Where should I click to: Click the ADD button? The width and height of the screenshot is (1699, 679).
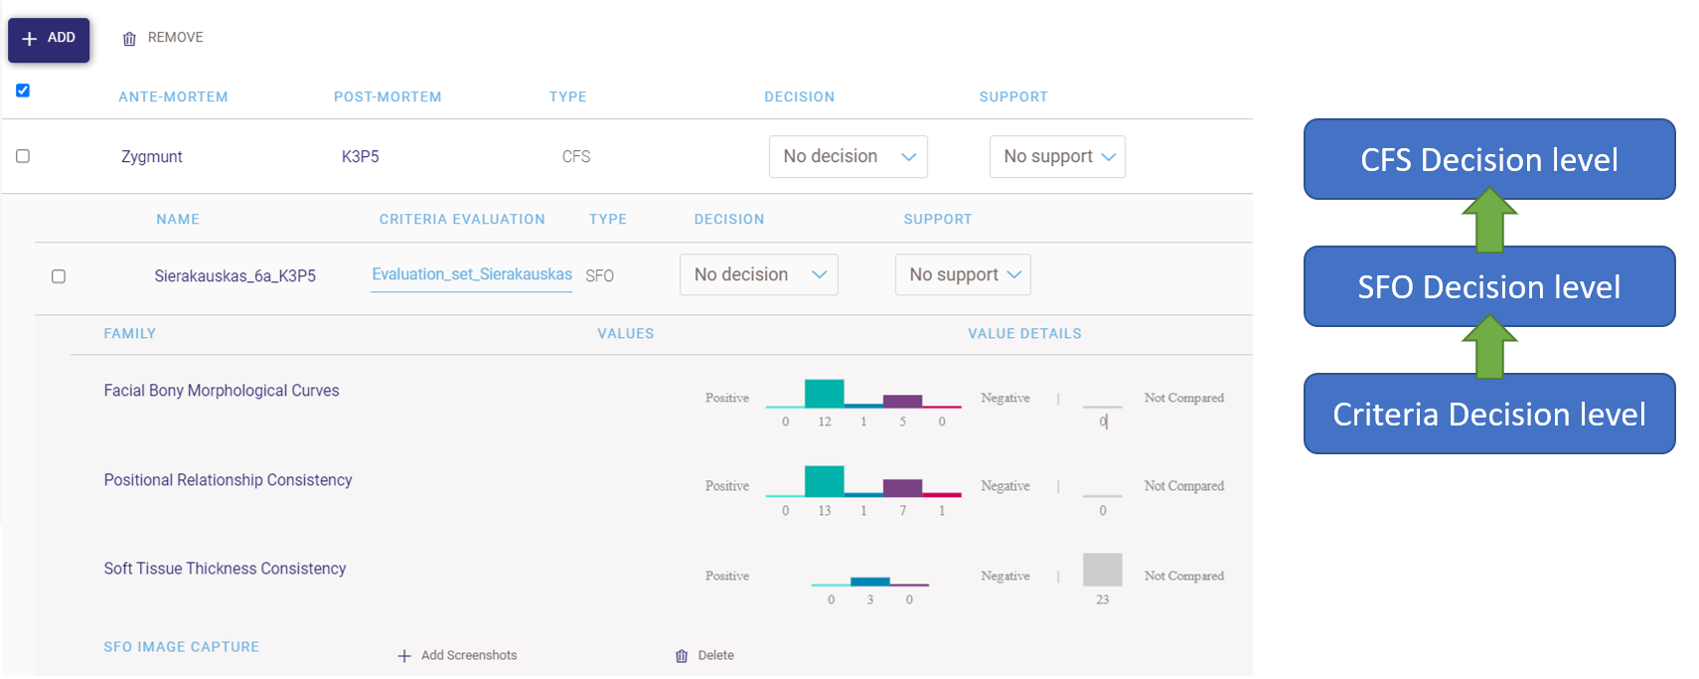[x=49, y=39]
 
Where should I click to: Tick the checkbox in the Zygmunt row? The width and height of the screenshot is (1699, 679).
[x=23, y=156]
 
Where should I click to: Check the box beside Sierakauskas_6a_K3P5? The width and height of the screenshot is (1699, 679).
[x=59, y=276]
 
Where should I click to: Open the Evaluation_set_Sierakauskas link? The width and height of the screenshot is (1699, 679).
[x=471, y=274]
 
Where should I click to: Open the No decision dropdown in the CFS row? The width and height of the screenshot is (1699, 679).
[x=848, y=157]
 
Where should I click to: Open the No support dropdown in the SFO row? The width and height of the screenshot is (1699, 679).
[x=962, y=275]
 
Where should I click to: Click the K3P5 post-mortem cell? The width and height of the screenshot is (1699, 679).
[x=360, y=157]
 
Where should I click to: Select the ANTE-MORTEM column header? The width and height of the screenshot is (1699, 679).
[x=173, y=97]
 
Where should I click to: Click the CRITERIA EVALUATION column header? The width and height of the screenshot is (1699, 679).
[x=462, y=220]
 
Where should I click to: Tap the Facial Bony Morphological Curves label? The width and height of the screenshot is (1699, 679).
[x=222, y=391]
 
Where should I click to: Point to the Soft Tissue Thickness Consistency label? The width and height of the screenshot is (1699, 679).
[x=225, y=569]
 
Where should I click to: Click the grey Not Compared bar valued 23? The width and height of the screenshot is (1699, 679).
[x=1102, y=570]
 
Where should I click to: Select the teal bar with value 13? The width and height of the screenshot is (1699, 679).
[x=824, y=481]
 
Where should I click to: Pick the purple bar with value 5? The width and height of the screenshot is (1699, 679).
[x=902, y=401]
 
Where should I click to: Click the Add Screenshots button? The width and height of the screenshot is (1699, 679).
[x=458, y=656]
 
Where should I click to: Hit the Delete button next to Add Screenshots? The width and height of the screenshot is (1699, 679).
[x=705, y=656]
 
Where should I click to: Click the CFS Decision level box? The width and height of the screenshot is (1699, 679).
[x=1488, y=159]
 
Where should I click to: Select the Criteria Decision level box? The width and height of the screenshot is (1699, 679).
[x=1488, y=414]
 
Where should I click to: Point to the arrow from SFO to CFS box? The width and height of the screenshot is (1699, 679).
[x=1488, y=222]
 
